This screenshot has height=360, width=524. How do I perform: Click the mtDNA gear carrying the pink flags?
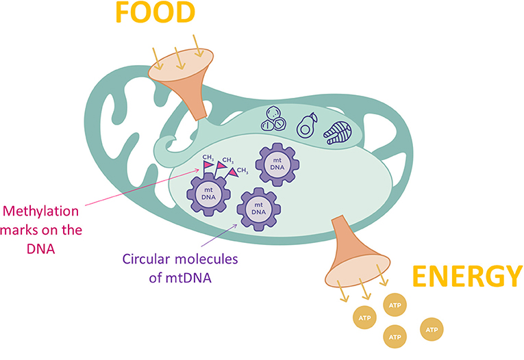tap(207, 193)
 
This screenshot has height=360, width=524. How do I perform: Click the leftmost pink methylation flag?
tap(207, 165)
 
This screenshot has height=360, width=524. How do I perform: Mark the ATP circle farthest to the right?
tap(432, 330)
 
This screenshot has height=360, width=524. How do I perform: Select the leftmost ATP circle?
tap(364, 317)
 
